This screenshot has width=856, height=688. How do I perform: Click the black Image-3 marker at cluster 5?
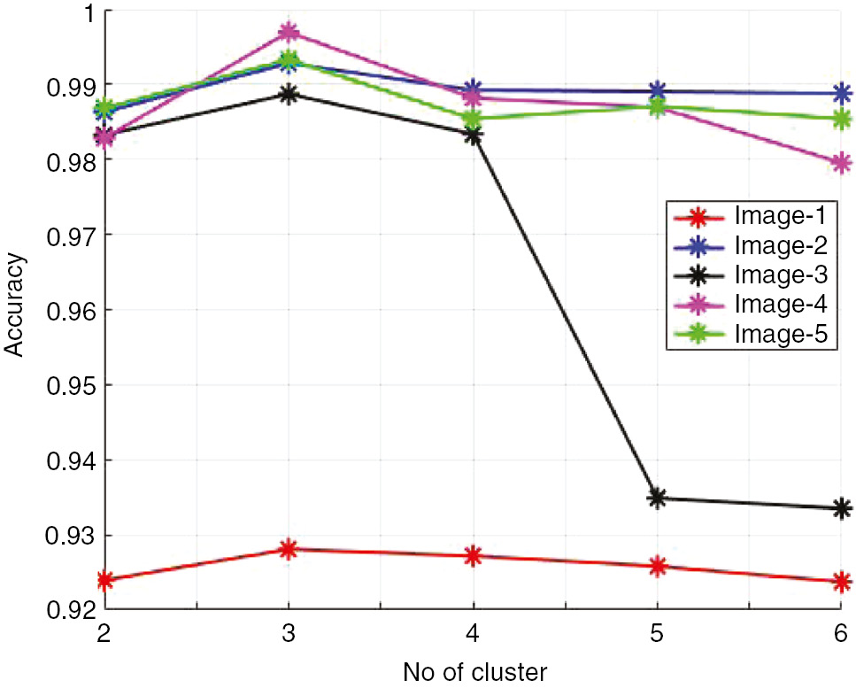point(657,499)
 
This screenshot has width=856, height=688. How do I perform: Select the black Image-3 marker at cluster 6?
point(841,508)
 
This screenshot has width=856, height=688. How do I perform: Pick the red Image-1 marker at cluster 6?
point(841,582)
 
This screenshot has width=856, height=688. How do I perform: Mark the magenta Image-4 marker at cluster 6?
point(841,163)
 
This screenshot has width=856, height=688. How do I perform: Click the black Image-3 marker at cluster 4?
point(473,135)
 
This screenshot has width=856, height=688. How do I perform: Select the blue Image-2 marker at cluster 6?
point(841,93)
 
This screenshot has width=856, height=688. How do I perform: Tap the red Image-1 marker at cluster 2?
point(105,581)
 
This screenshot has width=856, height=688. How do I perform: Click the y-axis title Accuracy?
point(15,305)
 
